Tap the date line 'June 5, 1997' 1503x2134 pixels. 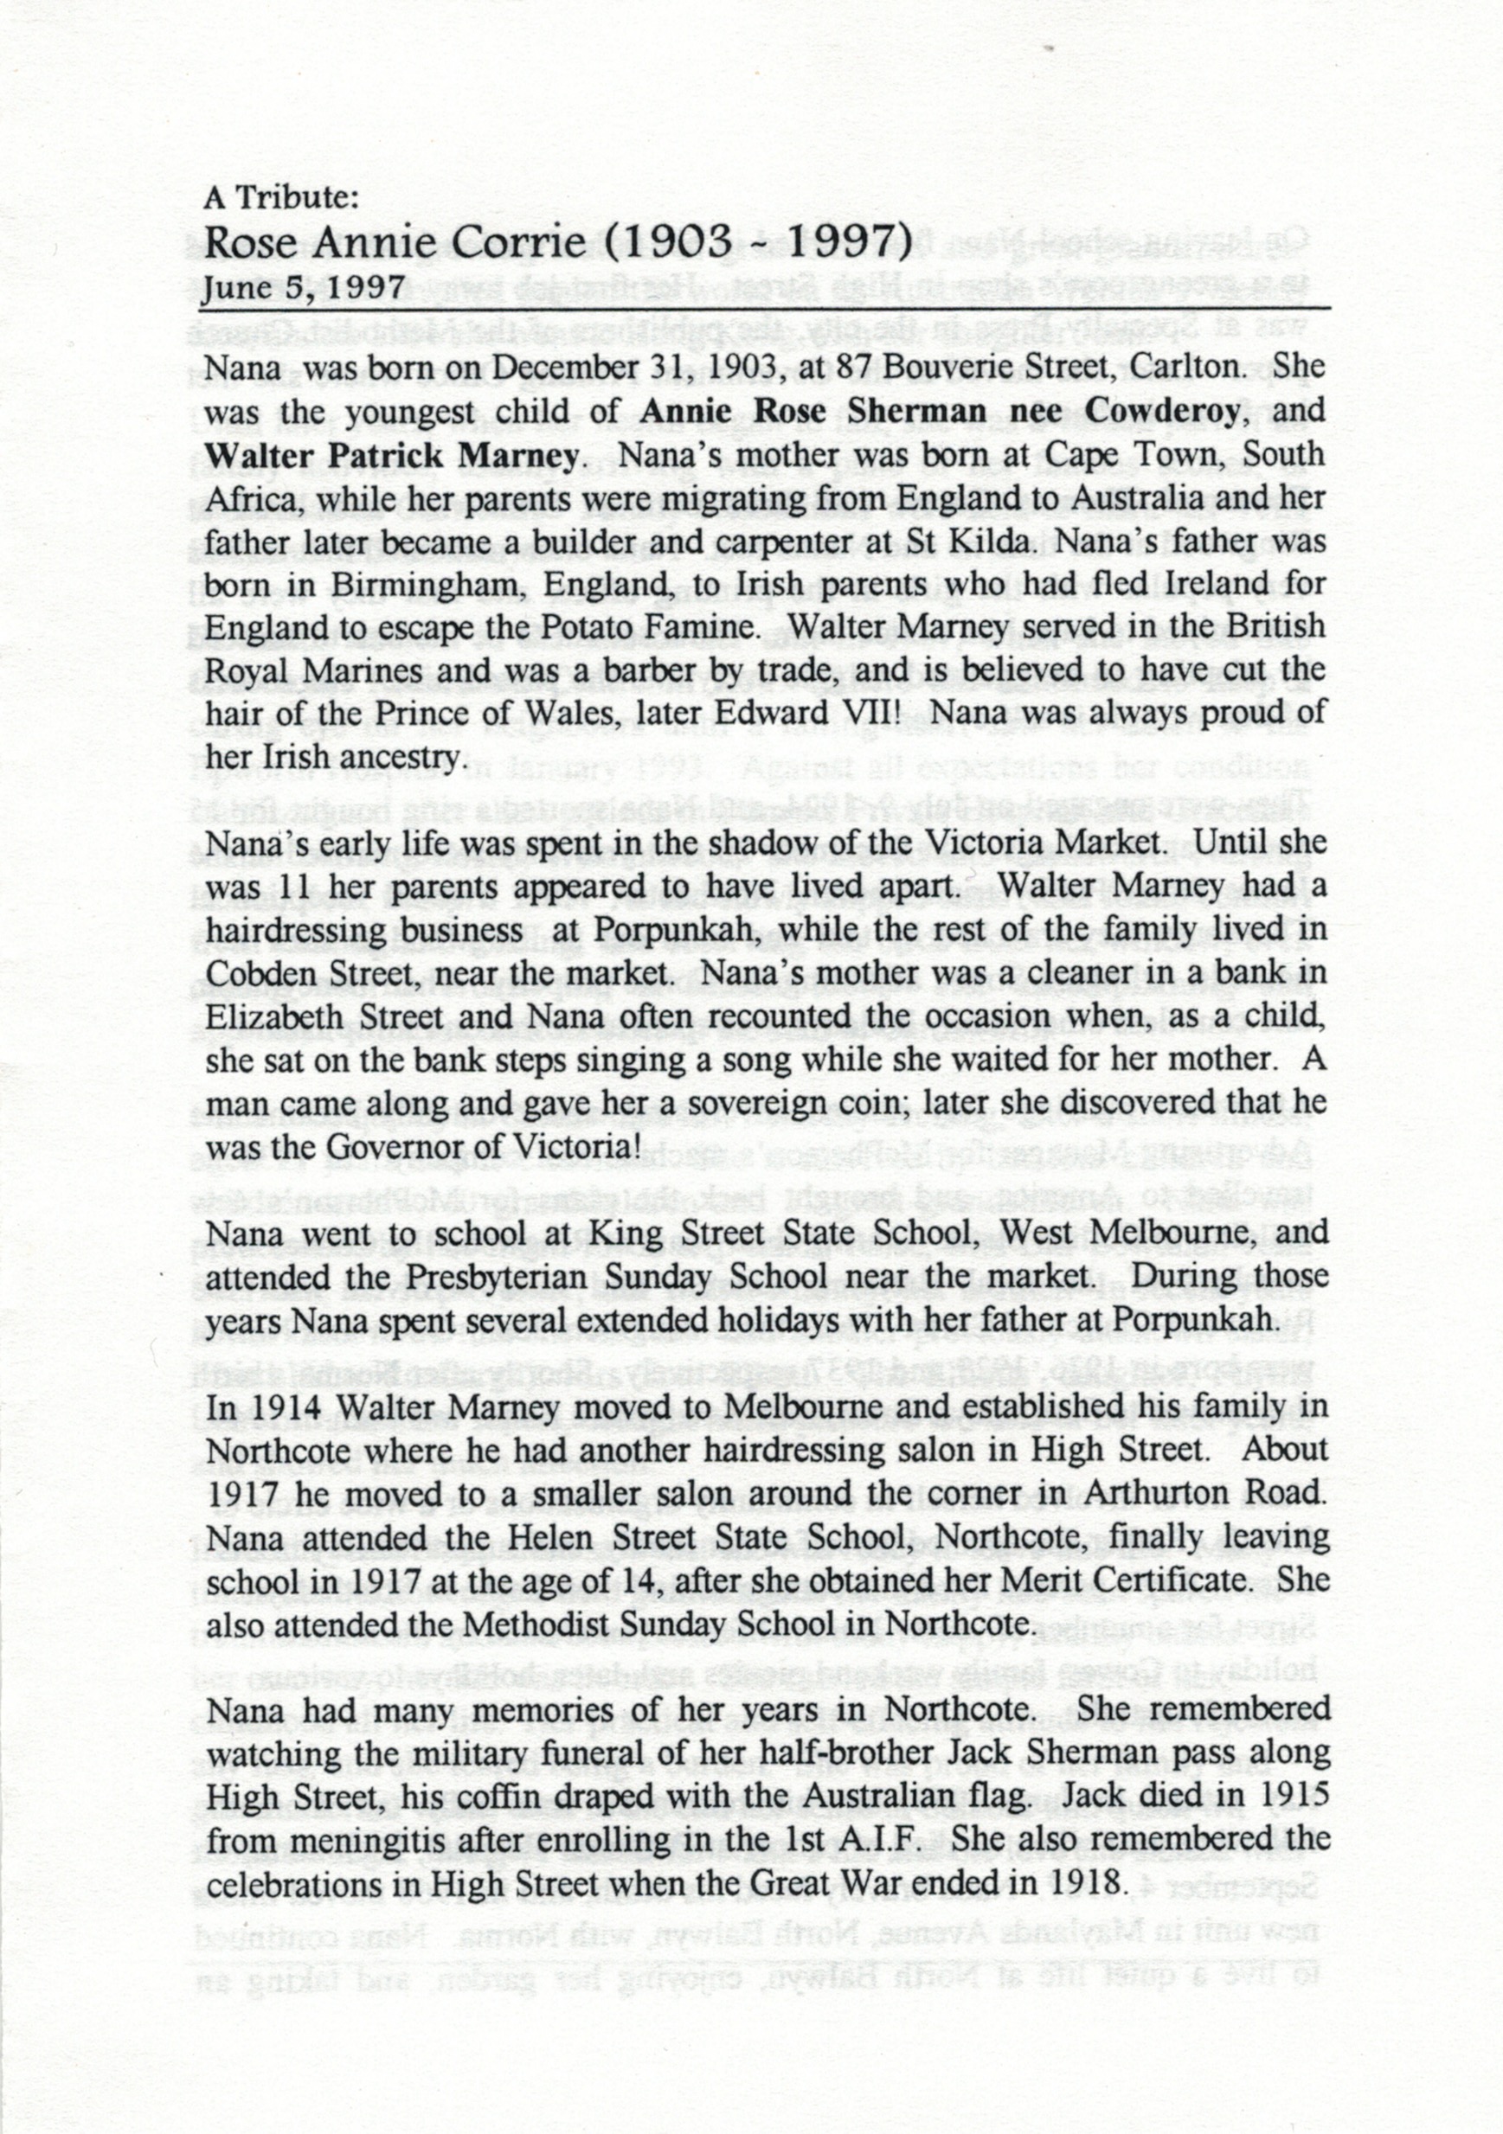pyautogui.click(x=303, y=286)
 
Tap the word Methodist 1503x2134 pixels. pyautogui.click(x=544, y=1624)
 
